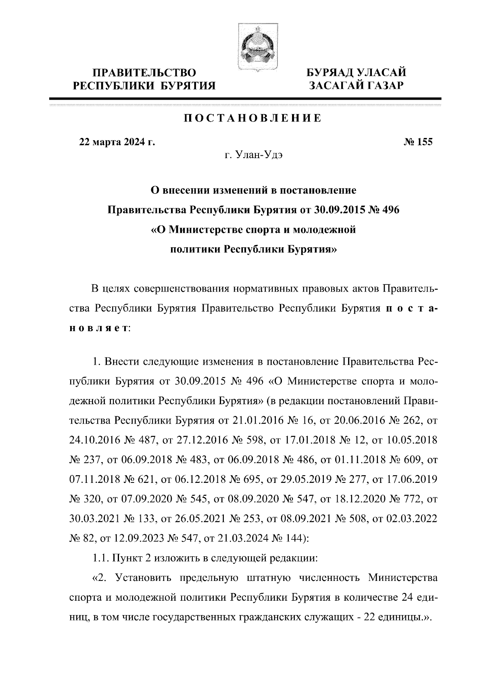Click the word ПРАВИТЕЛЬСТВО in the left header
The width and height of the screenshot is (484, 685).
pyautogui.click(x=145, y=73)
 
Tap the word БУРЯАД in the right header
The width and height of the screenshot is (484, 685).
pyautogui.click(x=330, y=73)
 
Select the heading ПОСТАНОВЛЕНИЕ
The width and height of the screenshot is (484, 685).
pyautogui.click(x=253, y=118)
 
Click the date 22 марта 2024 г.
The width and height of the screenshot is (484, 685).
pyautogui.click(x=117, y=142)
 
